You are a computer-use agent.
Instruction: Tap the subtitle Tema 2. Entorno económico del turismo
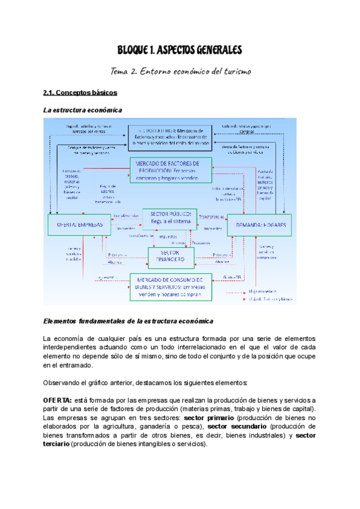tap(180, 71)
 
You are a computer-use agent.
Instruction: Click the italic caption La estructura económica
tap(83, 110)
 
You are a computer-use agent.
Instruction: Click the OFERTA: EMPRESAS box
tap(79, 224)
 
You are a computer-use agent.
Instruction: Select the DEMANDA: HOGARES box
tap(259, 224)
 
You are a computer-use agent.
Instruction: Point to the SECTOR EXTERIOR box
tap(170, 137)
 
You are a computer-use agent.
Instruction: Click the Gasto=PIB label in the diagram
tap(232, 277)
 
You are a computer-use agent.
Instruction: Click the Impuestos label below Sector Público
tap(168, 236)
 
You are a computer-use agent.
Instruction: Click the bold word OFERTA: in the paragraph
tap(58, 400)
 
